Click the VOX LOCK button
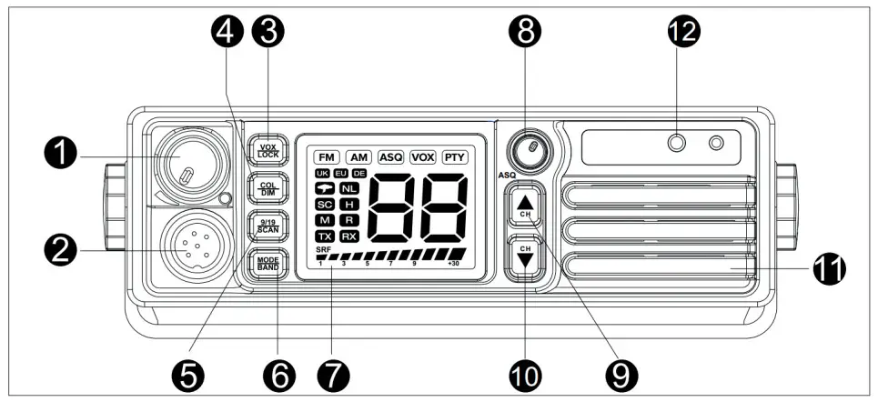(x=268, y=151)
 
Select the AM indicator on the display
(x=358, y=156)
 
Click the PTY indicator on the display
(x=454, y=156)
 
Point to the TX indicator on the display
(x=325, y=236)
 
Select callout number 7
(x=333, y=372)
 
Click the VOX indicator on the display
(x=423, y=156)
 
